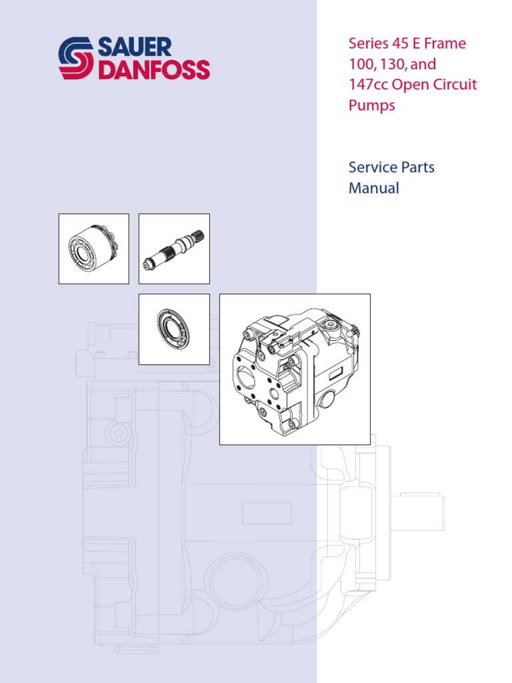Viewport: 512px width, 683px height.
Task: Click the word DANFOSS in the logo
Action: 153,69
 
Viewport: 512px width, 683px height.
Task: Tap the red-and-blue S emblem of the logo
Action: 77,59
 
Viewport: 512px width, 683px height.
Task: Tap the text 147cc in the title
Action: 368,85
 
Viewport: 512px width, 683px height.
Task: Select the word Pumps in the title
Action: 372,106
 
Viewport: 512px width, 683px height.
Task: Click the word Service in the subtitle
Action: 372,167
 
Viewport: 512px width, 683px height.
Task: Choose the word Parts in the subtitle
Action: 417,167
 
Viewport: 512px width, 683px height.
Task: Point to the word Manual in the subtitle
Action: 374,188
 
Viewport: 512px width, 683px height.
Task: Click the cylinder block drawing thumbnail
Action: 94,249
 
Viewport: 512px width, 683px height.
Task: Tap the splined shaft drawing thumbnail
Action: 173,249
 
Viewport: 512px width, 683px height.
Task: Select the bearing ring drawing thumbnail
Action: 173,329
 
